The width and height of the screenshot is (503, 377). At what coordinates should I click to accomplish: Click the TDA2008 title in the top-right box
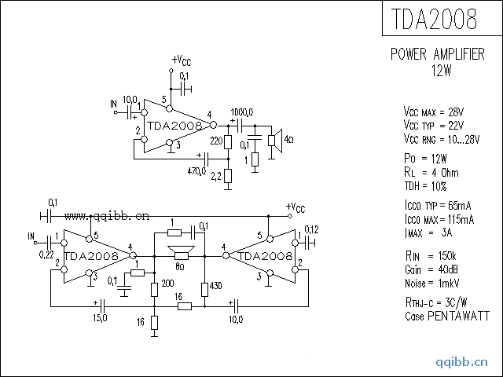(x=442, y=20)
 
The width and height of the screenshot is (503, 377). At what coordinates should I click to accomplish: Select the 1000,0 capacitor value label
(x=242, y=112)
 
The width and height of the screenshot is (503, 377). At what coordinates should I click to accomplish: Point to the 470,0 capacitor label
(x=196, y=170)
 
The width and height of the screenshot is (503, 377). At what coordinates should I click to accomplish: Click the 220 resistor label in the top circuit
(x=215, y=141)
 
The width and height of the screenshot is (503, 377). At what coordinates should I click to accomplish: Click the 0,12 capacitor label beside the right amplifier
(x=311, y=229)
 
